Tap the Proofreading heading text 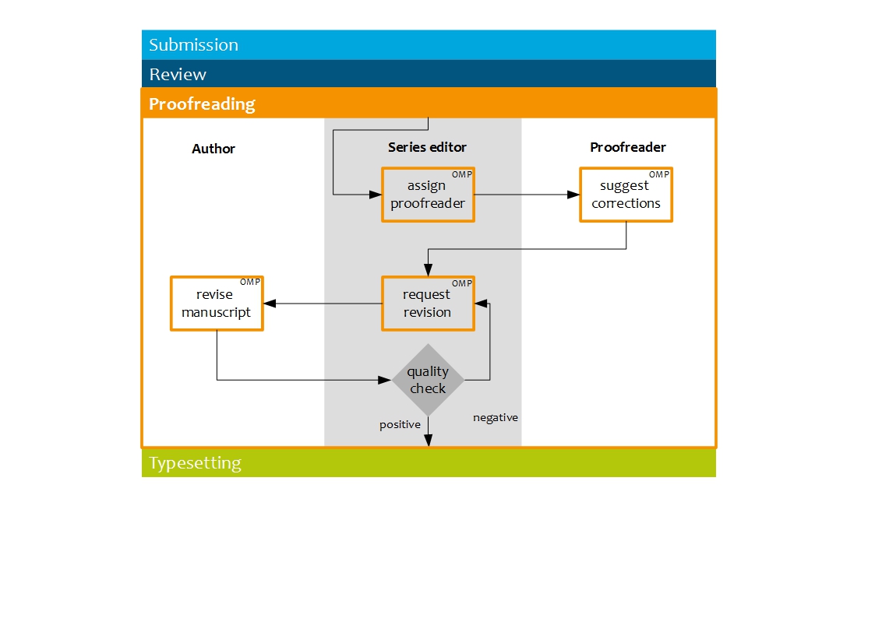(202, 104)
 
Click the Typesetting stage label (195, 463)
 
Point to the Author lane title (213, 149)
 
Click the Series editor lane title (427, 147)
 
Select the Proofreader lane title (628, 147)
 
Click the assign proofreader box (428, 195)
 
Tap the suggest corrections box (626, 195)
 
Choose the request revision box (428, 304)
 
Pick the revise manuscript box (217, 304)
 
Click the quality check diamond (428, 380)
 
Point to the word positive (400, 425)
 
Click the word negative (496, 418)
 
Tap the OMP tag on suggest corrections (659, 174)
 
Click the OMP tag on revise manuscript (250, 282)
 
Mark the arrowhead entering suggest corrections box (574, 195)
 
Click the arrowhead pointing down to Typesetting (428, 441)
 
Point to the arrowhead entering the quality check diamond (384, 380)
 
